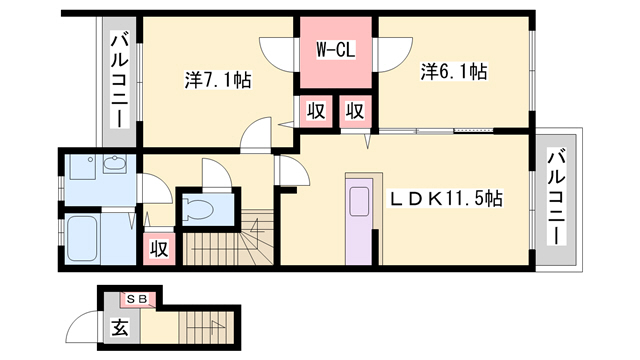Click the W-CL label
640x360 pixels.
(x=336, y=50)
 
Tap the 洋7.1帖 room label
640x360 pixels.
(x=218, y=80)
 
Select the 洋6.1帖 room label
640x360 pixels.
(x=454, y=71)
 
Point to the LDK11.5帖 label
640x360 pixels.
(x=445, y=199)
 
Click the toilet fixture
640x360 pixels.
(x=198, y=208)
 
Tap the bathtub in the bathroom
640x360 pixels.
(x=82, y=238)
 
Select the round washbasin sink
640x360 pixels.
(x=114, y=163)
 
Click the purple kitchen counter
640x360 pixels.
(x=359, y=221)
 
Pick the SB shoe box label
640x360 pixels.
(x=137, y=299)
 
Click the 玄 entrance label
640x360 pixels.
(x=120, y=327)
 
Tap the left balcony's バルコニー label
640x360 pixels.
(x=119, y=81)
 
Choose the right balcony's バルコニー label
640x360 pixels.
(x=556, y=198)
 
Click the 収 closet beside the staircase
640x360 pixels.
(x=159, y=248)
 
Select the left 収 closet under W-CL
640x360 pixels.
(x=316, y=111)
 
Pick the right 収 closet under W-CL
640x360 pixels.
(x=355, y=111)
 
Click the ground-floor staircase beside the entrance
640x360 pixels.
(x=207, y=327)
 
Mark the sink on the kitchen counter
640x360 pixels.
(x=359, y=202)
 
